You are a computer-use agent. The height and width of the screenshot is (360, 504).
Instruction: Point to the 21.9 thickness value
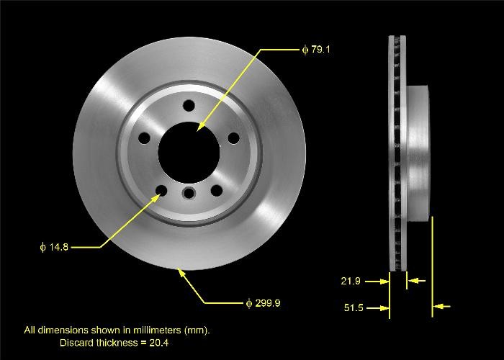(351, 281)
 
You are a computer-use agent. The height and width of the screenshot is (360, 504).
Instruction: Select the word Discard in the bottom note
(76, 342)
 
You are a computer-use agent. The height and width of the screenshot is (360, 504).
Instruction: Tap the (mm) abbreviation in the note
(197, 330)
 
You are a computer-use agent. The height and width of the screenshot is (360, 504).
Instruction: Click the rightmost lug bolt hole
(234, 138)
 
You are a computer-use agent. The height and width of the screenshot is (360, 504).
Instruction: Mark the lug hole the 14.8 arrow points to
(161, 191)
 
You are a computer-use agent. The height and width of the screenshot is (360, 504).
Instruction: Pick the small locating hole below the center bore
(189, 192)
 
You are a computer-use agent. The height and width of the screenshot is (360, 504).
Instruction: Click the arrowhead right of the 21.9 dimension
(412, 281)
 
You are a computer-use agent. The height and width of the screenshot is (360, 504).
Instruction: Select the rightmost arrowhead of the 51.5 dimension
(439, 307)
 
